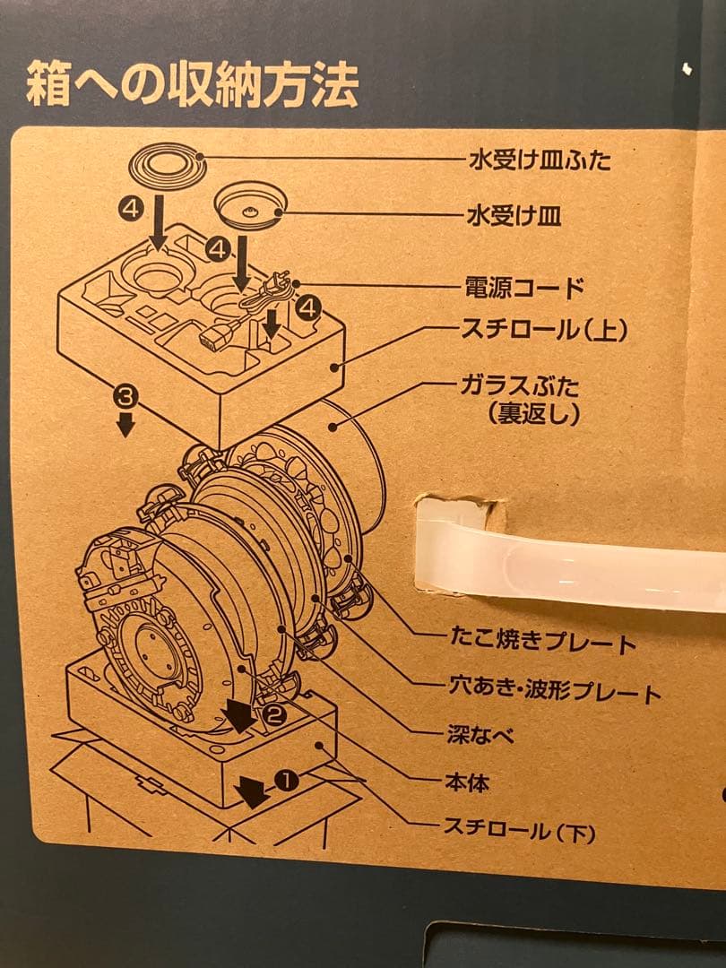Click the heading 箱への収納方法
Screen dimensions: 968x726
[x=192, y=85]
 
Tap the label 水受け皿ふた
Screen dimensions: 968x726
[x=540, y=162]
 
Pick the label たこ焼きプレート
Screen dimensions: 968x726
[x=541, y=643]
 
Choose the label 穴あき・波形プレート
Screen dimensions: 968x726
[x=553, y=692]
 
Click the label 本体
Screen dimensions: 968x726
[x=467, y=782]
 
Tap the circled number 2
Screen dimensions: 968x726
[x=274, y=715]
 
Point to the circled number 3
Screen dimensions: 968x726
[x=125, y=393]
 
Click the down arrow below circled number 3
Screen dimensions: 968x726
[x=125, y=423]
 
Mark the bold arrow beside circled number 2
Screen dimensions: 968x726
[x=239, y=714]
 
